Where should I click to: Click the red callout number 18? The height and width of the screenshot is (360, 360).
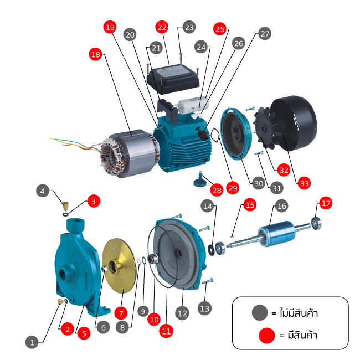(x=95, y=54)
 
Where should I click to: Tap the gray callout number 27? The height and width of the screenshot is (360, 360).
(x=265, y=34)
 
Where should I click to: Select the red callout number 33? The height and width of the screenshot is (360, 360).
(x=304, y=183)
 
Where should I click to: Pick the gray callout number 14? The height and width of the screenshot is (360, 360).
(x=207, y=206)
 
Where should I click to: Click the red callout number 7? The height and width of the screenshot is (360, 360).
(x=121, y=313)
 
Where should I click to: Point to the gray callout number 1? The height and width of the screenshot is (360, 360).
(x=32, y=342)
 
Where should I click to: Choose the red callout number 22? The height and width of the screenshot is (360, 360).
(x=162, y=27)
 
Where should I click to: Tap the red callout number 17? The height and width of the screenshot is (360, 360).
(x=326, y=203)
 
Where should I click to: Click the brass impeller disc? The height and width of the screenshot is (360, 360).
(x=120, y=266)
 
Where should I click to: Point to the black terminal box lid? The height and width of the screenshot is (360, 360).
(x=173, y=79)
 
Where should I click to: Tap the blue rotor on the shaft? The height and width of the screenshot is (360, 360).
(x=276, y=233)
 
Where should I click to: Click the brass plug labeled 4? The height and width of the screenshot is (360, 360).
(x=65, y=205)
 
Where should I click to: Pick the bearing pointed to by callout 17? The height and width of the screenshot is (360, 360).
(x=316, y=223)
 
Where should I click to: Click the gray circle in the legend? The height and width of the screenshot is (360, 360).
(x=260, y=313)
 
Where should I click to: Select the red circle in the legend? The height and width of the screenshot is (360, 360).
(x=266, y=335)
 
